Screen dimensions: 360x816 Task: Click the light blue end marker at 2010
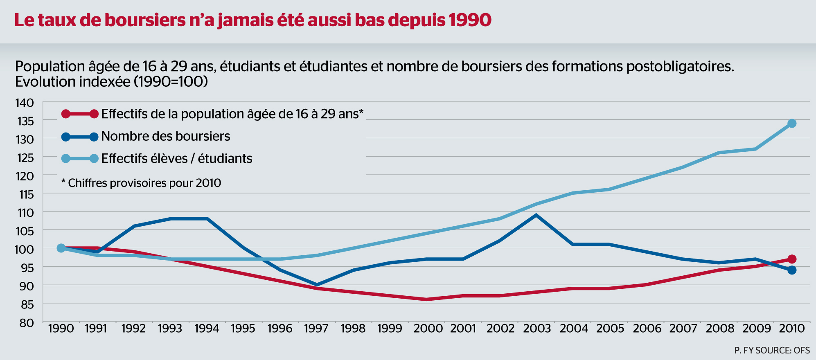click(x=792, y=123)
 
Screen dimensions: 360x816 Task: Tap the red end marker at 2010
click(x=792, y=259)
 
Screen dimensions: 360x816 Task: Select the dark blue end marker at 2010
click(x=792, y=270)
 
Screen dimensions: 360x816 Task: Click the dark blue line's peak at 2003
click(x=536, y=215)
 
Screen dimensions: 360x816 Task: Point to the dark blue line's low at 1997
click(x=317, y=285)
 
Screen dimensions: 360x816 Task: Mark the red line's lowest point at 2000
click(x=426, y=299)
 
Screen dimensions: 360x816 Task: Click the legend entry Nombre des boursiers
click(x=165, y=136)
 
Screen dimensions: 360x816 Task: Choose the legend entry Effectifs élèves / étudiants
click(x=176, y=159)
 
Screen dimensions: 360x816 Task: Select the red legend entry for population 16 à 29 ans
click(x=232, y=114)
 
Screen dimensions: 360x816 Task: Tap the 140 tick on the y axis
click(x=25, y=103)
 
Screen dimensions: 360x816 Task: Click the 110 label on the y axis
click(x=25, y=213)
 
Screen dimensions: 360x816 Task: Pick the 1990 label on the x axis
click(x=61, y=328)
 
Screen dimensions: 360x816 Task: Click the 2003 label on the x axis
click(x=537, y=328)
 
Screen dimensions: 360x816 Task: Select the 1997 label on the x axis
click(x=316, y=328)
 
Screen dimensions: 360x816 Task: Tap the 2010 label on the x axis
click(x=792, y=328)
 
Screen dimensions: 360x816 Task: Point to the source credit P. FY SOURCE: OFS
click(x=772, y=350)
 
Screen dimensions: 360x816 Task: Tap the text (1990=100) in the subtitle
click(x=171, y=82)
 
